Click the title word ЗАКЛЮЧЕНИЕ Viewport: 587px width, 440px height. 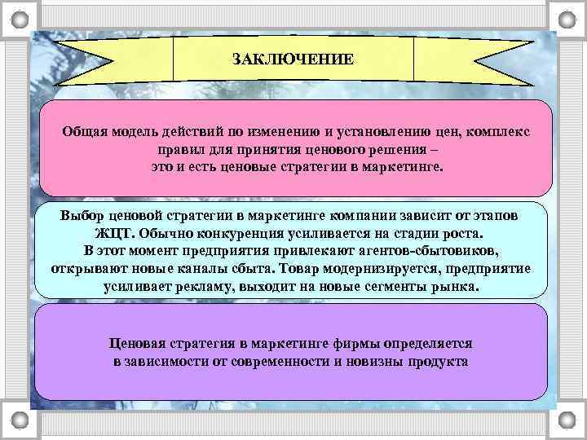[293, 59]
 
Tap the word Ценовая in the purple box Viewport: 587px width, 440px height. [143, 343]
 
